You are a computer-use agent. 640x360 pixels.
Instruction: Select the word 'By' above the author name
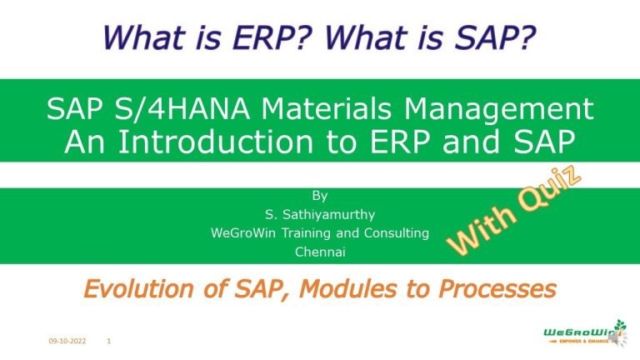tap(320, 197)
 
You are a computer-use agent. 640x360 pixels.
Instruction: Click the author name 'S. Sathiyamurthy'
tap(320, 214)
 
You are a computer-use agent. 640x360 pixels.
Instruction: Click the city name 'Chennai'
tap(320, 251)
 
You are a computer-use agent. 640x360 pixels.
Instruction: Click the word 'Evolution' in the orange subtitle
tap(138, 289)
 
